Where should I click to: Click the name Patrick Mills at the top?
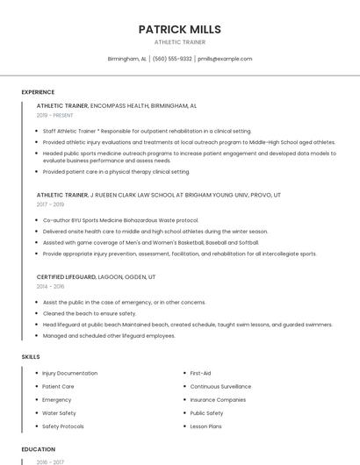(x=179, y=29)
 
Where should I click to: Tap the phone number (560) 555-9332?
(x=172, y=59)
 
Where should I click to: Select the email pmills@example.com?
(x=225, y=59)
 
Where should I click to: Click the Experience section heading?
(x=38, y=92)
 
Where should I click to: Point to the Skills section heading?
(x=31, y=357)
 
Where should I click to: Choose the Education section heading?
(x=38, y=448)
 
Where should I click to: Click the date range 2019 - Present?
(x=55, y=115)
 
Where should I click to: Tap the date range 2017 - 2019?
(x=50, y=204)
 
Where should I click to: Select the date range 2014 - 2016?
(x=50, y=286)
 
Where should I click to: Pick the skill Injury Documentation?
(x=70, y=373)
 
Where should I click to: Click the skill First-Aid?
(x=200, y=373)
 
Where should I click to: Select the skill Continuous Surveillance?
(x=220, y=386)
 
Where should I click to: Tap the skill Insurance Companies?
(x=218, y=399)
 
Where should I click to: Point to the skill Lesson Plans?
(x=205, y=426)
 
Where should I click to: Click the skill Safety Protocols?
(x=63, y=426)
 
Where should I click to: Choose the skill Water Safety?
(x=59, y=412)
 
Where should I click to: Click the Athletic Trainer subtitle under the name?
(x=179, y=41)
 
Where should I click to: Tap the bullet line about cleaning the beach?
(x=90, y=313)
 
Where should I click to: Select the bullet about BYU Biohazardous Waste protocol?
(x=120, y=220)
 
